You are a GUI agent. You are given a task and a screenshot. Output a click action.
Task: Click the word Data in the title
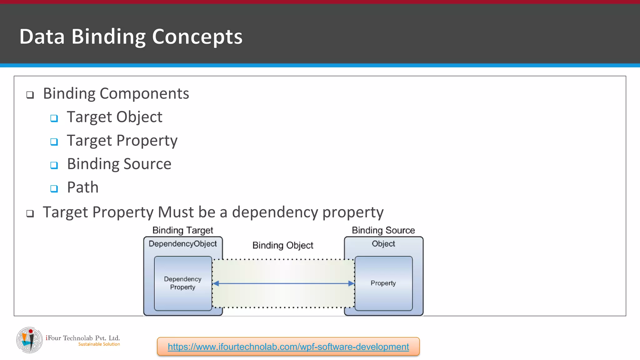click(42, 37)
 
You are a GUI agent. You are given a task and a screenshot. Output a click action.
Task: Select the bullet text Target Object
click(114, 117)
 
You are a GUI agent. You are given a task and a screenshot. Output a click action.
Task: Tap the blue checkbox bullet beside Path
click(54, 188)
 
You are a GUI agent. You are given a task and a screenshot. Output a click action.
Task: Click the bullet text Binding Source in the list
click(119, 164)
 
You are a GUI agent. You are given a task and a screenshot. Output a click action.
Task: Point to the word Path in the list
click(83, 187)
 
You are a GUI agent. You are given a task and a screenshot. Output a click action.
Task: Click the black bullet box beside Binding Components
click(30, 95)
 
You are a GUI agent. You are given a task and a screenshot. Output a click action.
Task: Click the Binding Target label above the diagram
click(182, 230)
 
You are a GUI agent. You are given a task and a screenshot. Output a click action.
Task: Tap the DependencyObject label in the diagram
click(182, 244)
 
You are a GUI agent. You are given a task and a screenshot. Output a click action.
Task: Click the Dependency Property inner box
click(183, 283)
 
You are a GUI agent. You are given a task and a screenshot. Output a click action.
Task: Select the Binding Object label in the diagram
click(282, 245)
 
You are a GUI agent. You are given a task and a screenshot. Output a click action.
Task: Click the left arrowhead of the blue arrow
click(216, 283)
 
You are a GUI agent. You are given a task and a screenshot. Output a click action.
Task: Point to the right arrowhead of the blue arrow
click(351, 283)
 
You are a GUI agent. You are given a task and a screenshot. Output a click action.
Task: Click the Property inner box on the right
click(383, 283)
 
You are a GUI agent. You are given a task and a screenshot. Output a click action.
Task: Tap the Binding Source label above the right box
click(383, 230)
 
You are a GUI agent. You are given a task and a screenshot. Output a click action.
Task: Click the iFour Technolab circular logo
click(29, 340)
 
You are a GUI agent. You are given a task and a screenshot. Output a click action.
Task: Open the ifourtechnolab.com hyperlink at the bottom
click(288, 347)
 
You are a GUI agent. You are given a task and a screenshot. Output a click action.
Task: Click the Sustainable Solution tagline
click(99, 344)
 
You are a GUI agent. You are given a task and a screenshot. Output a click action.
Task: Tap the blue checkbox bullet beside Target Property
click(54, 142)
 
